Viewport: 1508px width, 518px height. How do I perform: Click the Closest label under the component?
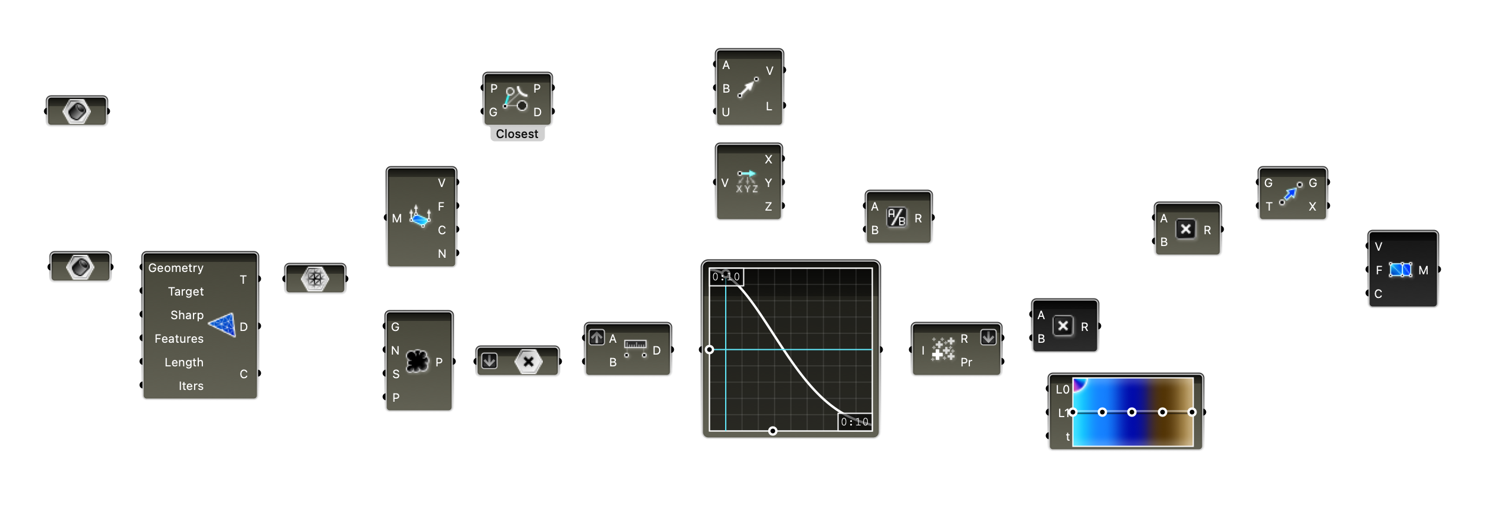(x=517, y=134)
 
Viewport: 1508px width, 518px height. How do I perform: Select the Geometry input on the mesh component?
(x=176, y=268)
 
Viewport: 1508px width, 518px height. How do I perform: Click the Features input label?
(x=179, y=339)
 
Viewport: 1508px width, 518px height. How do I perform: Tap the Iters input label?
(x=191, y=386)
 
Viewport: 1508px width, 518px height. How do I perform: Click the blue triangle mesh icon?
(x=223, y=324)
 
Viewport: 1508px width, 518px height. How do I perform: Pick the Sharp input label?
(x=186, y=315)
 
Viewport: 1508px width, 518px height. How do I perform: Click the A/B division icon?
(x=896, y=218)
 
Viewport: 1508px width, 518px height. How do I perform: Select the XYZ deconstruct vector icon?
(x=746, y=182)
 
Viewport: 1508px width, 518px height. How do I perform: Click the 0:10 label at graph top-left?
(x=726, y=277)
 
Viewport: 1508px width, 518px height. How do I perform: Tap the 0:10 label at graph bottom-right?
(x=854, y=422)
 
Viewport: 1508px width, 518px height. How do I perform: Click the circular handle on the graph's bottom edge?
(x=772, y=431)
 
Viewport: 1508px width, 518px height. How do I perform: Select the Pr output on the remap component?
(x=966, y=362)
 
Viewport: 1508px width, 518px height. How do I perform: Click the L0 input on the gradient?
(x=1061, y=389)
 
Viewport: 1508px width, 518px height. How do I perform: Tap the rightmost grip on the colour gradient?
(x=1192, y=412)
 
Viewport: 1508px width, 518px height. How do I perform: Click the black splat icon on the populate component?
(x=417, y=361)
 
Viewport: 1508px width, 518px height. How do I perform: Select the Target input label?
(x=185, y=291)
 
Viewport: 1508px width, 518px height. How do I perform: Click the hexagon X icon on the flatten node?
(x=528, y=362)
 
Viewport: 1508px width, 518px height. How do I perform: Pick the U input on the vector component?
(x=726, y=112)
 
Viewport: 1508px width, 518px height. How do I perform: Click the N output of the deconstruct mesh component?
(x=442, y=254)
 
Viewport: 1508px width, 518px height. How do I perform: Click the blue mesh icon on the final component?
(x=1400, y=270)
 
